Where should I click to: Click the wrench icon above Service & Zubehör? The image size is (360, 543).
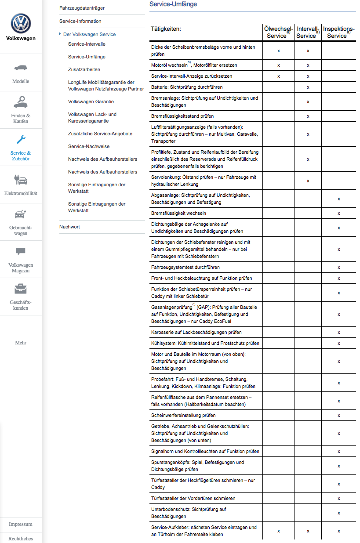point(21,140)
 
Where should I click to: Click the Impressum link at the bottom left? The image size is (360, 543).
point(21,524)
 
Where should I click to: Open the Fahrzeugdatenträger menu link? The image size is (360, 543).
point(82,8)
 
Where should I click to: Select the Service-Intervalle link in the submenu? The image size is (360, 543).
point(87,44)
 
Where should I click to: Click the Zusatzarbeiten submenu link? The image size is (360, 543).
point(84,69)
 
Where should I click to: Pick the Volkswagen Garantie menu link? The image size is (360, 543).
point(91,101)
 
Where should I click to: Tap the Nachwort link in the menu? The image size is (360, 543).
point(69,227)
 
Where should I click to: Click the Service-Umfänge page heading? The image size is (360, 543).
point(173,4)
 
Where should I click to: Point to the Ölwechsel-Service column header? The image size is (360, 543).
point(278,32)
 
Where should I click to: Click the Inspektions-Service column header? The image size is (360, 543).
point(338,32)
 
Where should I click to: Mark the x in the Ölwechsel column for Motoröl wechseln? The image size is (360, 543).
point(279,65)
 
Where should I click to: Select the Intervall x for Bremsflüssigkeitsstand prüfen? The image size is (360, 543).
point(308,116)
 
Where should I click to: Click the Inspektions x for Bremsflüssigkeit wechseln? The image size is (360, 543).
point(338,214)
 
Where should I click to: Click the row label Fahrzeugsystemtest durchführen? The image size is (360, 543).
point(185,267)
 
